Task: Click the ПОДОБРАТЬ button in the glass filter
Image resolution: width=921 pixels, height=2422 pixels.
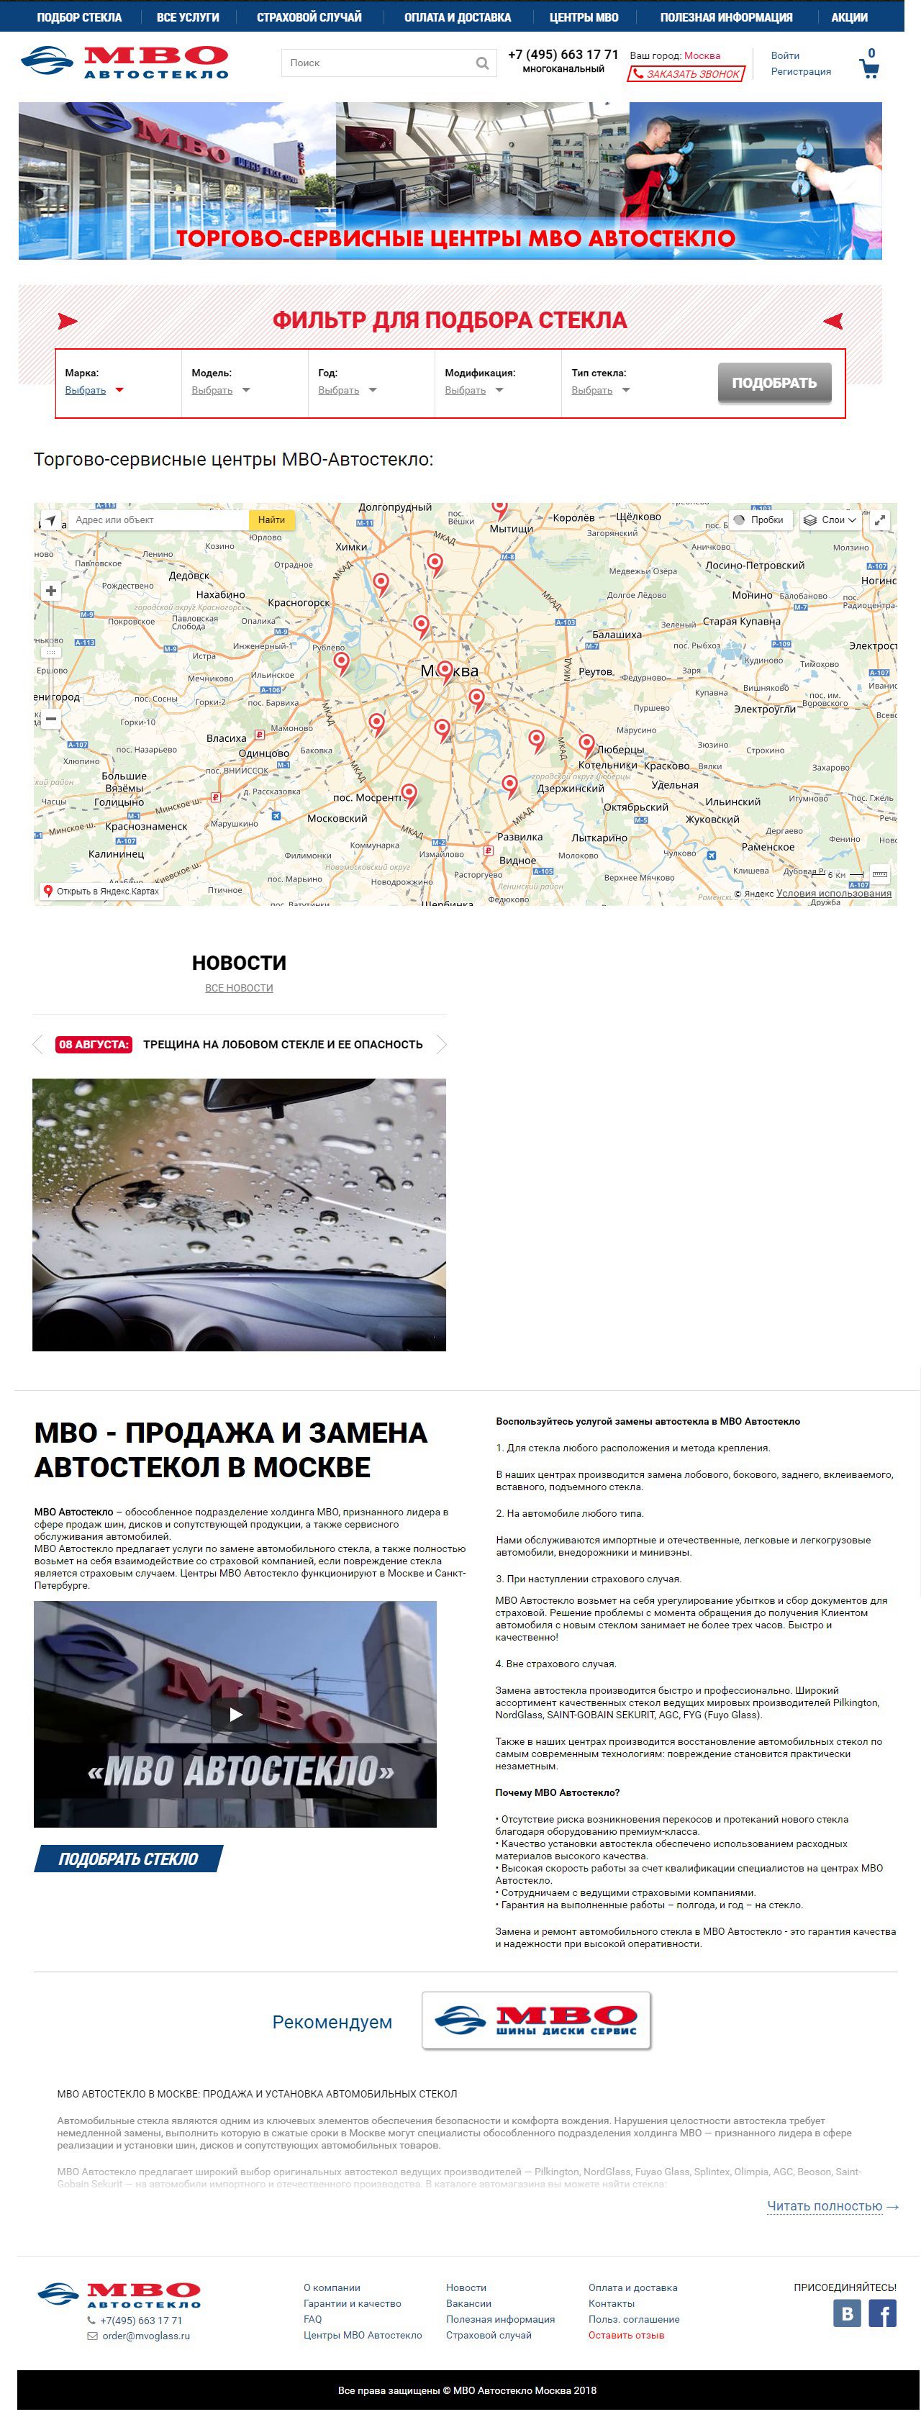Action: [773, 383]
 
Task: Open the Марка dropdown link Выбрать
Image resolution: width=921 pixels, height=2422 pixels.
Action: [86, 390]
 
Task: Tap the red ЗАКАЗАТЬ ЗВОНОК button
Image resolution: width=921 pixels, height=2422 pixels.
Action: [686, 73]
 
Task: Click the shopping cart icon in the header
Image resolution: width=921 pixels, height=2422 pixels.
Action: [869, 68]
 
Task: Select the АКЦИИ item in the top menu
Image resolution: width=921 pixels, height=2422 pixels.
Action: [848, 17]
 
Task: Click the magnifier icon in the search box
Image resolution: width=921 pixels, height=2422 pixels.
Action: [482, 63]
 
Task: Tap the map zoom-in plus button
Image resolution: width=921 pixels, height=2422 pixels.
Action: [51, 591]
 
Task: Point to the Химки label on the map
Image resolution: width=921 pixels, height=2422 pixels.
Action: [351, 546]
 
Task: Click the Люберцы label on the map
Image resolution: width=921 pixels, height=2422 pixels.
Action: [620, 749]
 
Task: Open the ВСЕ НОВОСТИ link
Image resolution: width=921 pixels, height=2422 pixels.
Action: [239, 988]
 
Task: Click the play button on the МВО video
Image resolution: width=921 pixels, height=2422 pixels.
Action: [235, 1714]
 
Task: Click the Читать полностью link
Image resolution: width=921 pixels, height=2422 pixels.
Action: [824, 2205]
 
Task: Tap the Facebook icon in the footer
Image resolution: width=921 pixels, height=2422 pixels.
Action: [881, 2314]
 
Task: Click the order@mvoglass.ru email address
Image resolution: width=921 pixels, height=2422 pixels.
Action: [145, 2336]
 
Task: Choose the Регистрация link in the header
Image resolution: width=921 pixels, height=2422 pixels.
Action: [801, 71]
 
